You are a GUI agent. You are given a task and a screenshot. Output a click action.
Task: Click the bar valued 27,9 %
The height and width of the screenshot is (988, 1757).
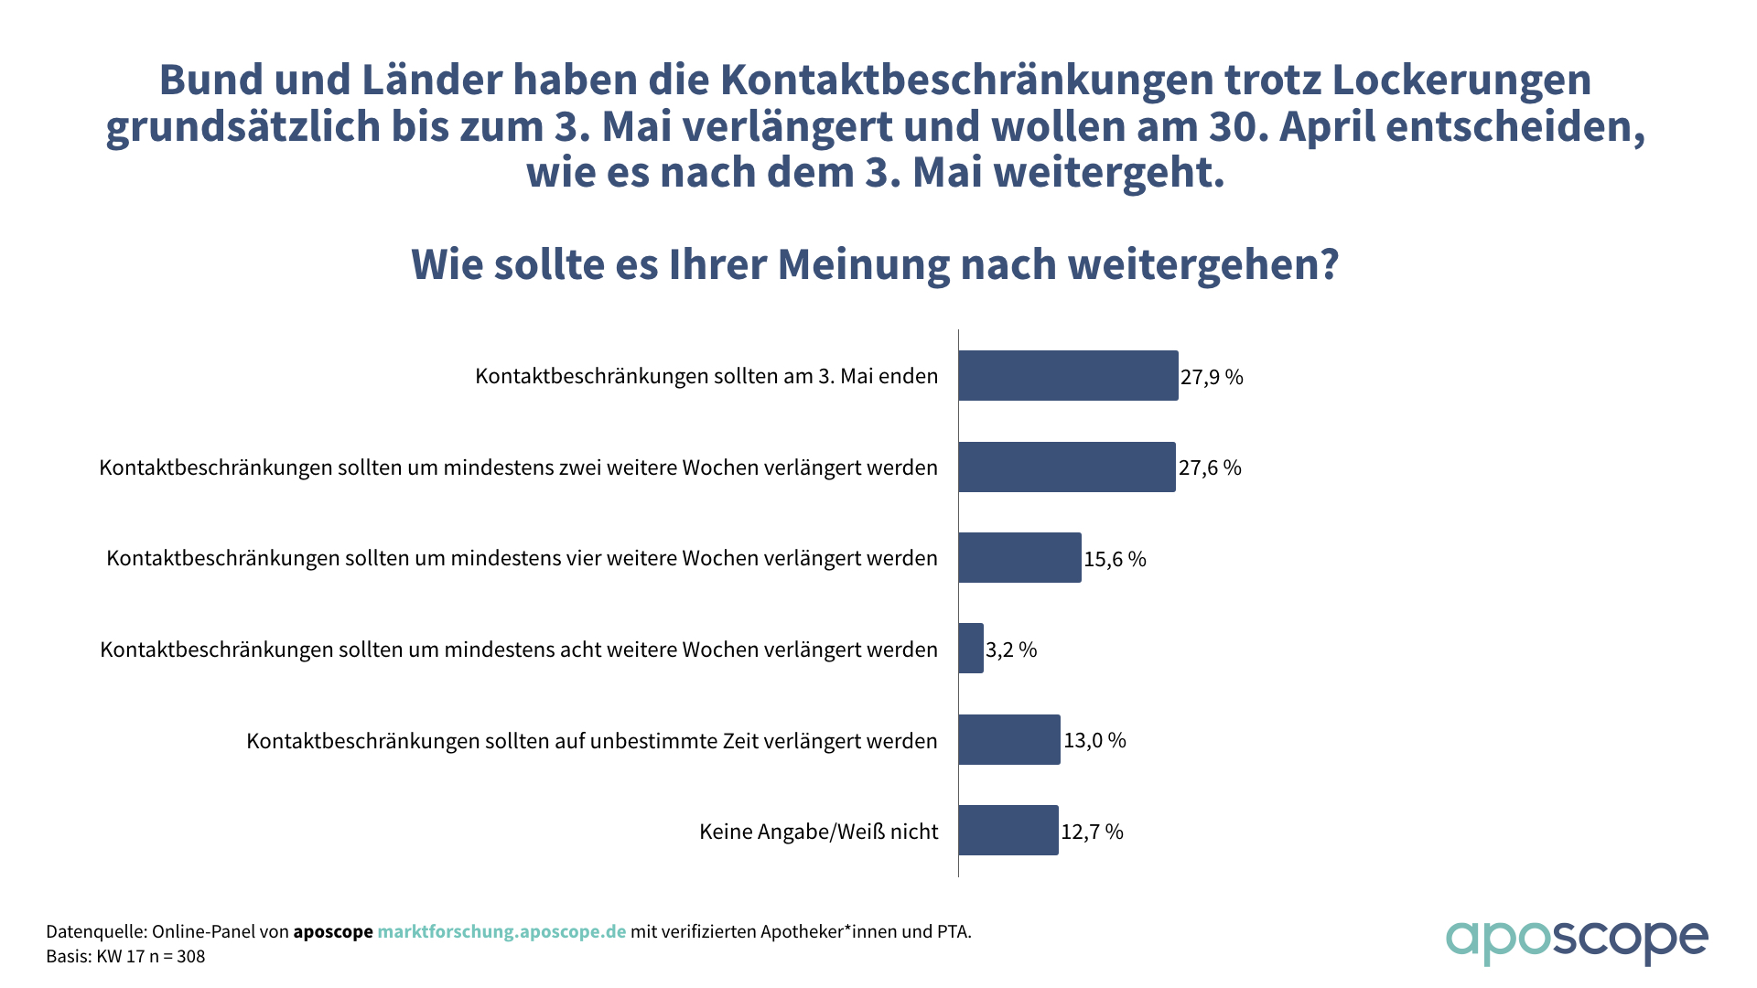tap(1068, 375)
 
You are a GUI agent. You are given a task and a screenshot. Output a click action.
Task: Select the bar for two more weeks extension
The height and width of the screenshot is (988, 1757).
tap(1067, 467)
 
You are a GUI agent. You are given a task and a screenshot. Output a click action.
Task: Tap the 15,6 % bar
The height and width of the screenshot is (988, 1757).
tap(1019, 558)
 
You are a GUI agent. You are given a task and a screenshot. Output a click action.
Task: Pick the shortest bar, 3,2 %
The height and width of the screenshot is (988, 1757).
tap(971, 649)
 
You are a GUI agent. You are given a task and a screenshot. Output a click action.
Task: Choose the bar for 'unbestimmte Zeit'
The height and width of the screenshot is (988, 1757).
tap(1009, 739)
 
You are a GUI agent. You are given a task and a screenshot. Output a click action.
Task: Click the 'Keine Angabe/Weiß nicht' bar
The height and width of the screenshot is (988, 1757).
tap(1008, 831)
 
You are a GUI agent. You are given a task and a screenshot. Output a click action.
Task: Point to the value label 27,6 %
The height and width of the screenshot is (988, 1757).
tap(1210, 467)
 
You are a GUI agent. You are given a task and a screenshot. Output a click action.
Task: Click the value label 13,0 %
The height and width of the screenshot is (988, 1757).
tap(1094, 740)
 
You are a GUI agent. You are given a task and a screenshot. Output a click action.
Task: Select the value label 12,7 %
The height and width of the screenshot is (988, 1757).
tap(1092, 832)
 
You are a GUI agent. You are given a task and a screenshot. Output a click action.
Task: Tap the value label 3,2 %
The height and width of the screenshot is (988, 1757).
tap(1011, 650)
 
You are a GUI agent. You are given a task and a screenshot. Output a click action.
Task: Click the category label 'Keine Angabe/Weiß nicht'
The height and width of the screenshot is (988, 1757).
tap(818, 832)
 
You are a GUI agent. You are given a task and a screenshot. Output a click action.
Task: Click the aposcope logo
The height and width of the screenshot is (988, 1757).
tap(1576, 940)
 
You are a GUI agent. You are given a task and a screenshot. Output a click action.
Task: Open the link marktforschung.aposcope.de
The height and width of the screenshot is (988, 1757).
tap(501, 931)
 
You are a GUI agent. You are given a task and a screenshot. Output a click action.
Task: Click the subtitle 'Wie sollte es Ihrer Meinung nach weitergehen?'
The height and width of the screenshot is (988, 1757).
tap(875, 264)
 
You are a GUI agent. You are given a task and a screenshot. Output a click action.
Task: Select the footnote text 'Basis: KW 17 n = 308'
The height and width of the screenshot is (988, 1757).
tap(125, 956)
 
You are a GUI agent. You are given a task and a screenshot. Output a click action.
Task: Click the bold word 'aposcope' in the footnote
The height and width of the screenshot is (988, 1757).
tap(332, 931)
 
